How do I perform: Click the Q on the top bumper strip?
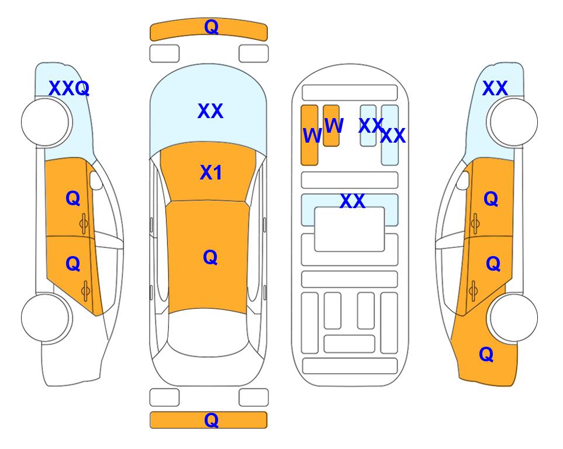(x=211, y=27)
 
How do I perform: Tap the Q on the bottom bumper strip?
(x=211, y=420)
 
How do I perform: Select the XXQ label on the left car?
(x=69, y=88)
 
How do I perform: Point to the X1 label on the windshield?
(x=211, y=172)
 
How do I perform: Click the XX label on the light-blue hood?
(x=210, y=111)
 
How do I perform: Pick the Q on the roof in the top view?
(x=210, y=258)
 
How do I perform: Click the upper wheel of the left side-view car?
(x=46, y=122)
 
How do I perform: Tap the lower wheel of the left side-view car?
(x=46, y=317)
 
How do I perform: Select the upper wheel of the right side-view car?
(x=513, y=122)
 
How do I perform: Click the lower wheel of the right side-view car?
(x=513, y=317)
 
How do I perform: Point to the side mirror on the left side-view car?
(x=95, y=180)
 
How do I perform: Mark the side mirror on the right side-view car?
(x=463, y=180)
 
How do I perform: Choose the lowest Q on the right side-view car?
(x=486, y=354)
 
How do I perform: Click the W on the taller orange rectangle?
(x=312, y=136)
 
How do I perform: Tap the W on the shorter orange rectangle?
(x=334, y=125)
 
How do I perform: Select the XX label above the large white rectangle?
(x=353, y=201)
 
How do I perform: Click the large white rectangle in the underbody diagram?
(x=350, y=229)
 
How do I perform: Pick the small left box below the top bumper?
(x=164, y=54)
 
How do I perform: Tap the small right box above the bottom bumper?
(x=254, y=398)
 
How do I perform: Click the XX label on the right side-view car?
(x=495, y=88)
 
